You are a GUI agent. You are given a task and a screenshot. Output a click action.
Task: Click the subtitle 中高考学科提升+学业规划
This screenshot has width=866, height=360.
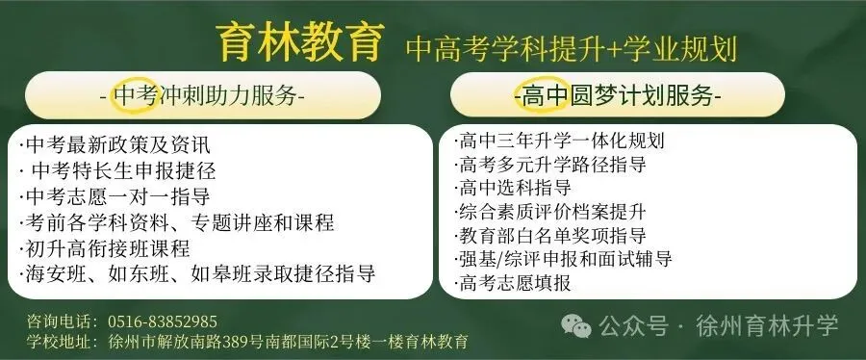pos(577,45)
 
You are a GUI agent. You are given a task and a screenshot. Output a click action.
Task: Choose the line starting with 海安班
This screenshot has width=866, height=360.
pos(196,274)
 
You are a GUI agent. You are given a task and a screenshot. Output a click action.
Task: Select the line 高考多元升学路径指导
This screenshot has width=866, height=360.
pos(552,164)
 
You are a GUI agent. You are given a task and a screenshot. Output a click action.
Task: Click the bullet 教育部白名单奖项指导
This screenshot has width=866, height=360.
pos(552,235)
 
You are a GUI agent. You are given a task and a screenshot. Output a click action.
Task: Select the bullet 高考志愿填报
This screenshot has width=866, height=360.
pos(515,282)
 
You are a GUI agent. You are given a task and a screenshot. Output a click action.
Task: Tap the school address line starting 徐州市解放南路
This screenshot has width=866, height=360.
pos(288,342)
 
